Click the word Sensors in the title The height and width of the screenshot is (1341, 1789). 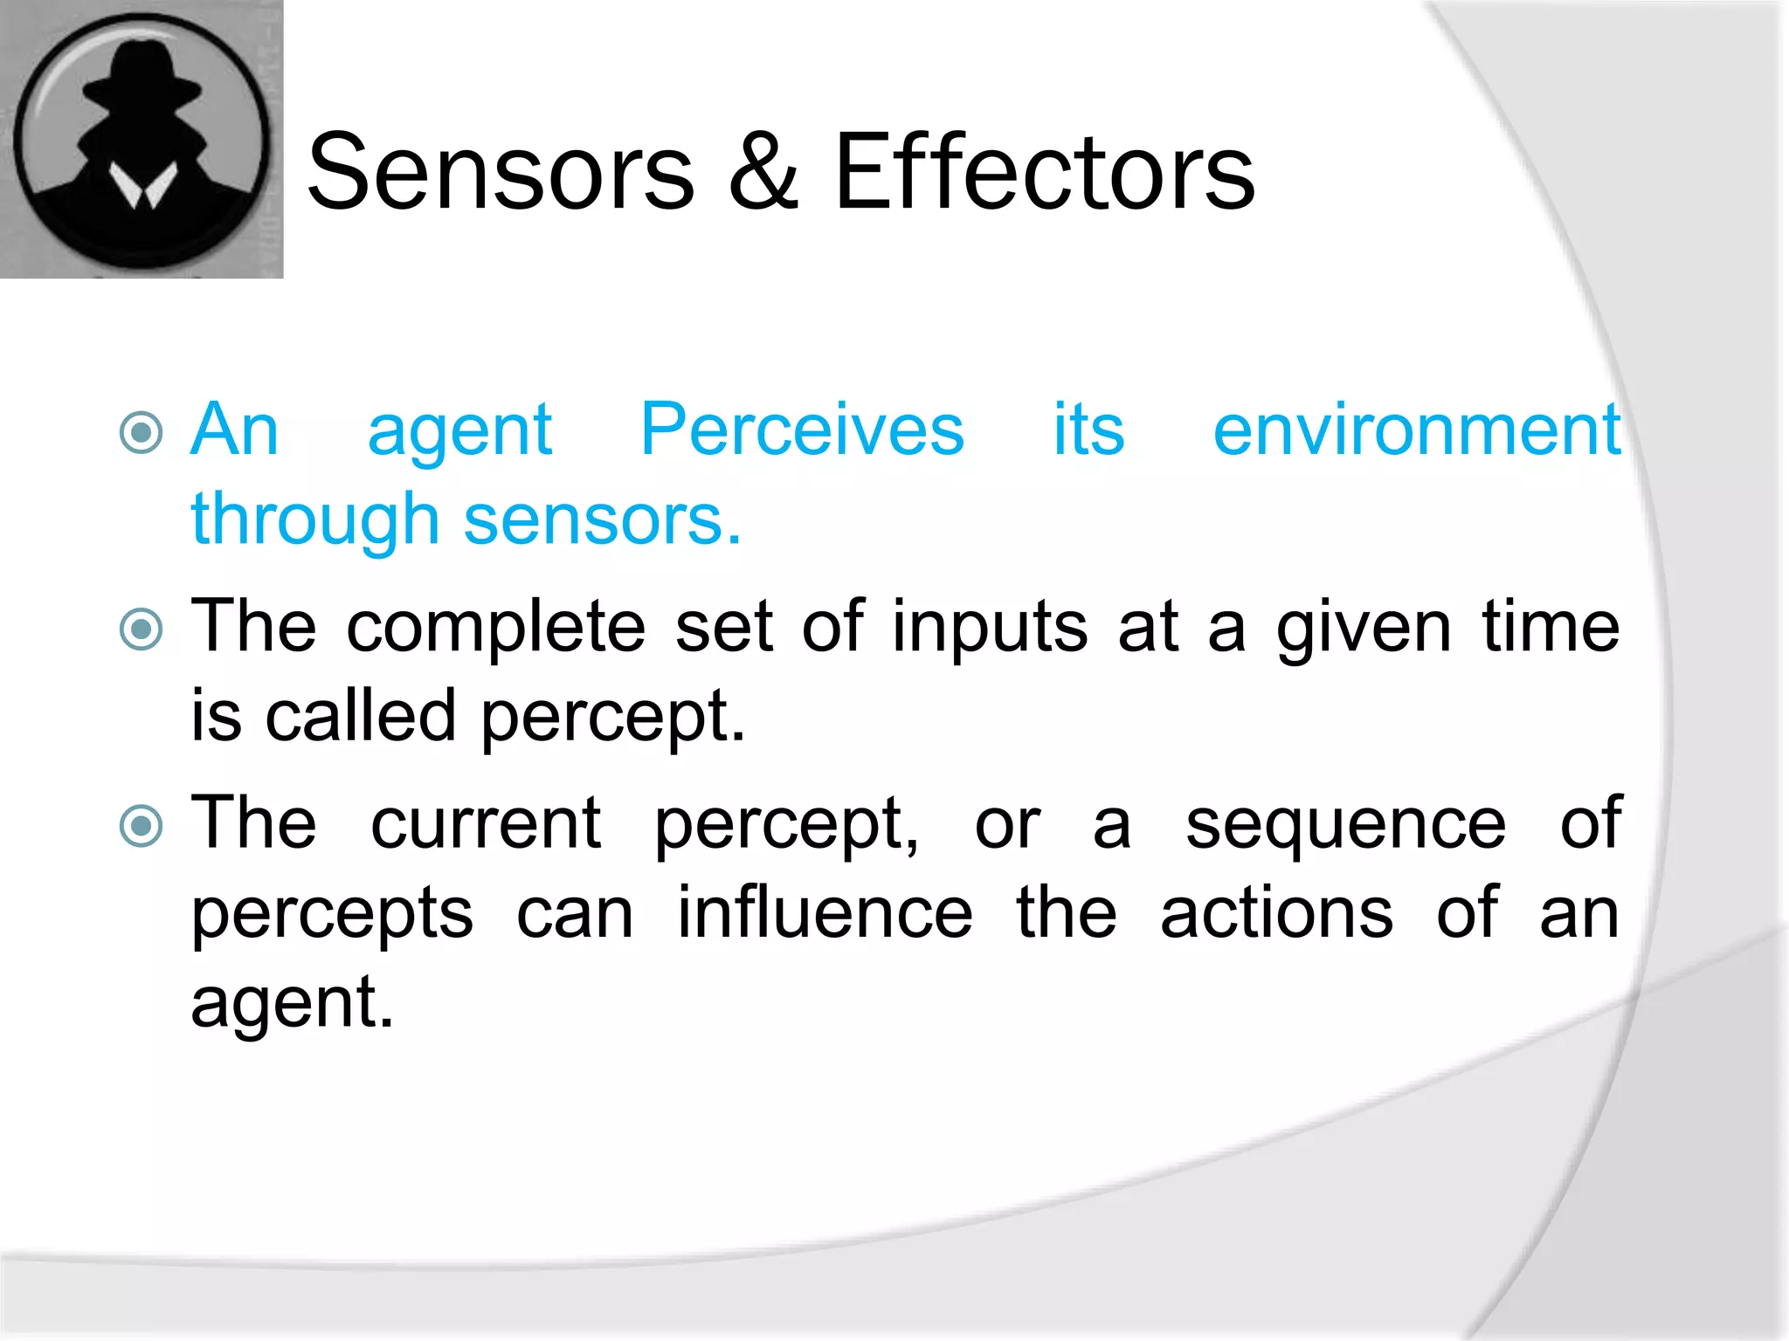[501, 172]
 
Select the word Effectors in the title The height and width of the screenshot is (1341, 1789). [1044, 172]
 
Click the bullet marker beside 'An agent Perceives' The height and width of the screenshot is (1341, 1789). [142, 433]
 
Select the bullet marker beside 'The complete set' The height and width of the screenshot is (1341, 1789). [142, 629]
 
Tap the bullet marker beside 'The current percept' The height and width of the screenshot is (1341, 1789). [142, 826]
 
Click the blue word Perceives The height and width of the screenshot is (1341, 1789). [802, 430]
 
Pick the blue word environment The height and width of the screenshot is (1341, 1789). [1417, 430]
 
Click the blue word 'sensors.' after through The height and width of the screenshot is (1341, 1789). [602, 520]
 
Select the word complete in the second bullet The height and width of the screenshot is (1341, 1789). [495, 628]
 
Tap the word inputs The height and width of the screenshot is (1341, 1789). [990, 628]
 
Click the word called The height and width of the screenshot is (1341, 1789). [360, 716]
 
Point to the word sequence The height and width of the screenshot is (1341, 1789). [1345, 826]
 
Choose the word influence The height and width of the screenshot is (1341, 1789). [825, 913]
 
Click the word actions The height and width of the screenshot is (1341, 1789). [1276, 913]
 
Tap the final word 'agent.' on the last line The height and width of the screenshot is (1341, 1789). [292, 1004]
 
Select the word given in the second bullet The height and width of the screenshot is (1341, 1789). [1364, 629]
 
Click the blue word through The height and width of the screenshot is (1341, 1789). [314, 520]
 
